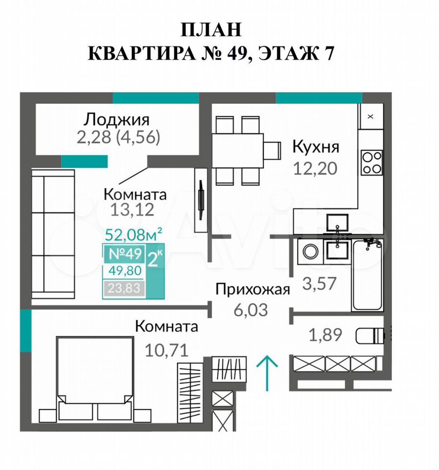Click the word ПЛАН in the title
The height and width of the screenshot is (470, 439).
tap(211, 30)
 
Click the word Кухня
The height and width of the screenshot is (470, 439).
tap(316, 147)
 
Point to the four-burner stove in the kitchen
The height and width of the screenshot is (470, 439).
tap(371, 162)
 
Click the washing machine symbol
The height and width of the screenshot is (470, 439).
tap(310, 251)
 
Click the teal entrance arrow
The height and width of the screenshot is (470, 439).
tap(267, 373)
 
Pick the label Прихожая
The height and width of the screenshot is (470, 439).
tap(253, 290)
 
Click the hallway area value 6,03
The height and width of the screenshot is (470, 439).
tap(251, 310)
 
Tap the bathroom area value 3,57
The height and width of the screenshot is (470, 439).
tap(319, 283)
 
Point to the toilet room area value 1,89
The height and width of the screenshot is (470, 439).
tap(325, 335)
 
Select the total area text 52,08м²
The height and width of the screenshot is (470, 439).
tap(134, 234)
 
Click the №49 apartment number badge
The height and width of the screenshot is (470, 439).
tap(125, 254)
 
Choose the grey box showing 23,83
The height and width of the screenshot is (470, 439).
tap(124, 288)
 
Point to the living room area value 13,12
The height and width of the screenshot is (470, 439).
tap(132, 210)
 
